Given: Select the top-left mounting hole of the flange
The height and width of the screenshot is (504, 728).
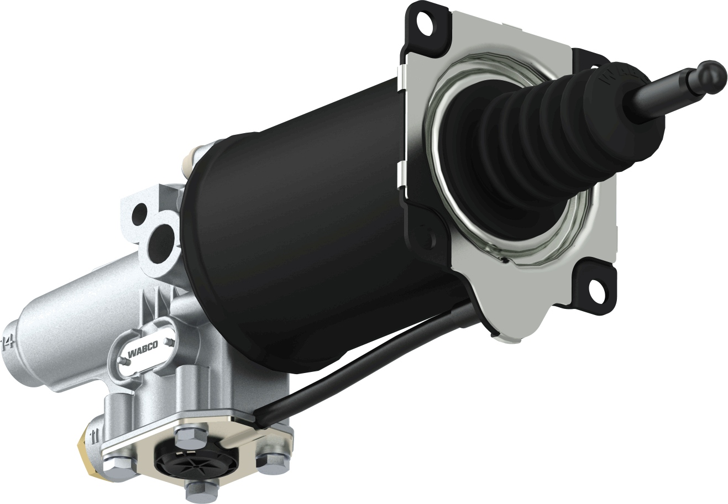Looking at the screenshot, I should (425, 24).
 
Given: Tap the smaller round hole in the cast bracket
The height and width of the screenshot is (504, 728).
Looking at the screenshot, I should (140, 211).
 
